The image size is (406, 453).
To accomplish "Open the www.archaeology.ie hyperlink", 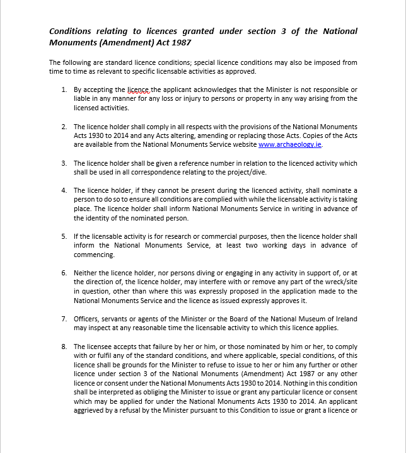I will point(289,144).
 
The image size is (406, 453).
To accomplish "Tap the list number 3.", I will point(64,163).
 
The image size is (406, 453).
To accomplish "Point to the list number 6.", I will point(64,273).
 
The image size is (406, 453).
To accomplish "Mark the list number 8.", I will point(64,347).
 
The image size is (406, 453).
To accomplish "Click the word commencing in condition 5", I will point(94,255).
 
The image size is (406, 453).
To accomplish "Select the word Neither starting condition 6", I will point(86,273).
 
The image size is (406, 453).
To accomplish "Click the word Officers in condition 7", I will point(88,319).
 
